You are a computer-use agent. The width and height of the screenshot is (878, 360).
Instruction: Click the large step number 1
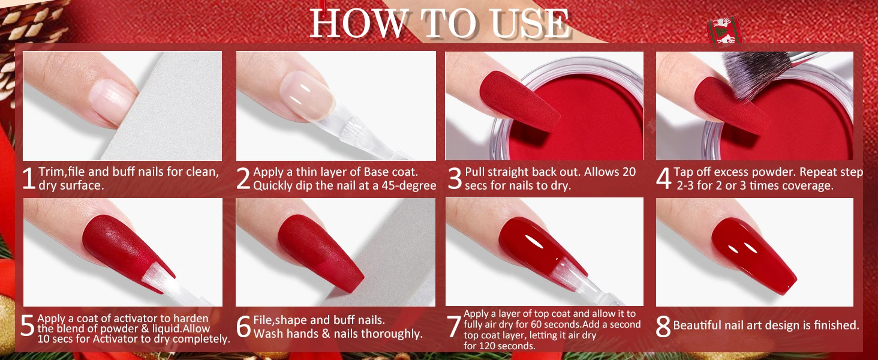point(29,178)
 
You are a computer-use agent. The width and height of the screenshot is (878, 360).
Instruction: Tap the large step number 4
point(664,178)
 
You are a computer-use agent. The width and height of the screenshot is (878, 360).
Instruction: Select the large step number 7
point(454,326)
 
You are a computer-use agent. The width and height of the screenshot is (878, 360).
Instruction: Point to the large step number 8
point(663,326)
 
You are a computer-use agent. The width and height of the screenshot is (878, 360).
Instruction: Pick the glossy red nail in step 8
point(753,255)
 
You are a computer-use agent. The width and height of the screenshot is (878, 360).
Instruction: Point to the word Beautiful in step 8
point(696,325)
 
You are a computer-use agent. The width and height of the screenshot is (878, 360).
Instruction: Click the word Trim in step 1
point(52,172)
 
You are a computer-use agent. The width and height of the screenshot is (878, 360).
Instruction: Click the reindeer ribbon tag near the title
point(724,31)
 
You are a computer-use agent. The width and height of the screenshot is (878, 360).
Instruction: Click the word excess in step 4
point(738,172)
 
